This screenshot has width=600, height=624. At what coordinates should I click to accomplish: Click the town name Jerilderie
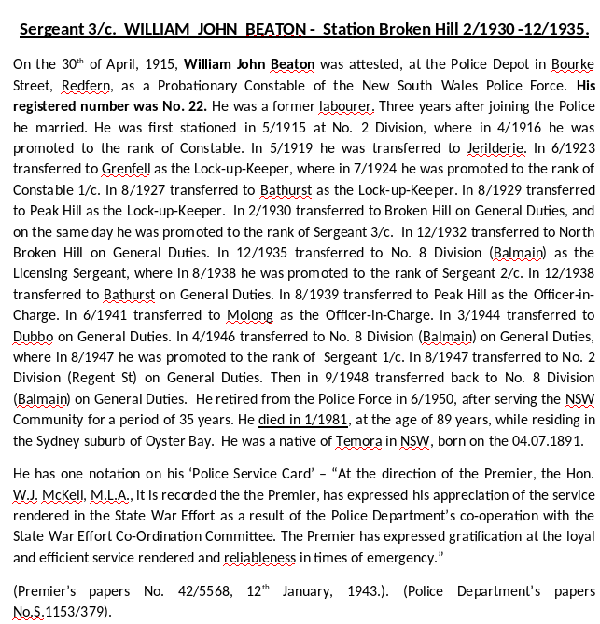494,148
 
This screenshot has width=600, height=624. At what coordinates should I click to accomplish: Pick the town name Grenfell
110,169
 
